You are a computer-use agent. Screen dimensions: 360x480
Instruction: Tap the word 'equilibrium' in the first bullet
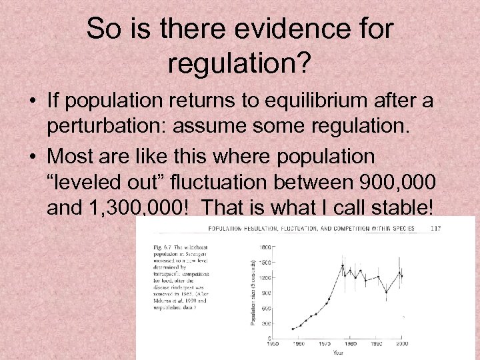tap(308, 101)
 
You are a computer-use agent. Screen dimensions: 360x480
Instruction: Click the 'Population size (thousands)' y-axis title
tap(253, 291)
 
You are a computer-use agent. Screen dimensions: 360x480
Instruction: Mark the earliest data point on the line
tap(293, 329)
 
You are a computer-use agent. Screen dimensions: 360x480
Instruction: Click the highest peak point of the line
tap(343, 265)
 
